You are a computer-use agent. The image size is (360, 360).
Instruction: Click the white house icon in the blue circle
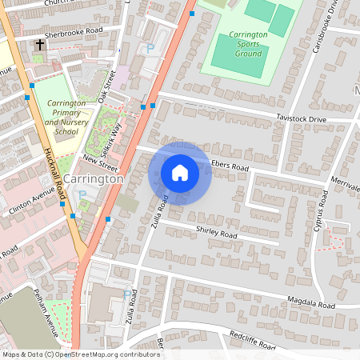coord(180,173)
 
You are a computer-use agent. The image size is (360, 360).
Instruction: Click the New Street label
coord(102,163)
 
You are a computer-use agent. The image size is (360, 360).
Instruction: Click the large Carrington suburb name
coord(94,179)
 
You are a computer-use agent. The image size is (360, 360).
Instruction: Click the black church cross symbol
coord(39,46)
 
